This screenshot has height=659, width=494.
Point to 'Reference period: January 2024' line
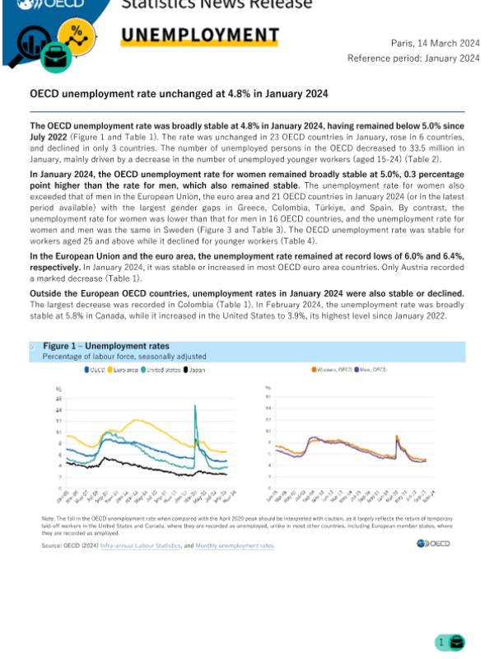pos(413,58)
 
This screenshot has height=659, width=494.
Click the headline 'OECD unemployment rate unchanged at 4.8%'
pos(179,94)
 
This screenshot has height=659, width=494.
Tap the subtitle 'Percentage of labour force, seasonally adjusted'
pos(123,357)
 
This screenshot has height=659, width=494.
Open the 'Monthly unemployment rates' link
pos(235,545)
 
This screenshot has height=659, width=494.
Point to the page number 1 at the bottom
pos(440,642)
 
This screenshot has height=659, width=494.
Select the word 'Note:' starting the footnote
pos(47,516)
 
